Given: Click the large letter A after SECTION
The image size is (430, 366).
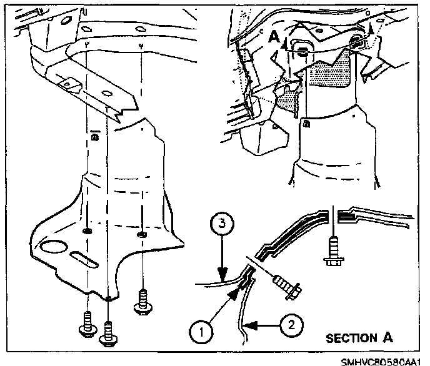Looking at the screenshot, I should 388,338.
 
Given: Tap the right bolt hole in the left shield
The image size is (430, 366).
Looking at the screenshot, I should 142,235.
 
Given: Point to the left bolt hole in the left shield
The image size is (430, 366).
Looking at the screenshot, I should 88,231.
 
